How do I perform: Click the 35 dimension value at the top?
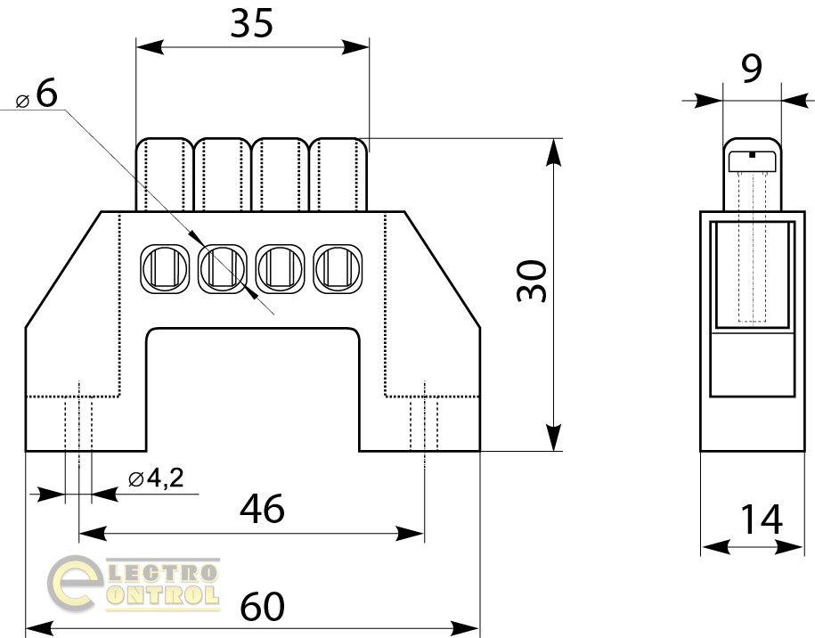click(x=251, y=24)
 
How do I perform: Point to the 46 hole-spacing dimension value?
click(x=262, y=509)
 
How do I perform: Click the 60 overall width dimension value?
click(x=263, y=606)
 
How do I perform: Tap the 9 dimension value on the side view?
click(x=752, y=68)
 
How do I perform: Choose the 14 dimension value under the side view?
click(x=761, y=519)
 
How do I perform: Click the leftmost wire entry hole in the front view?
click(x=164, y=269)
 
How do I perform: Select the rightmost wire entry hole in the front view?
click(x=338, y=269)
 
